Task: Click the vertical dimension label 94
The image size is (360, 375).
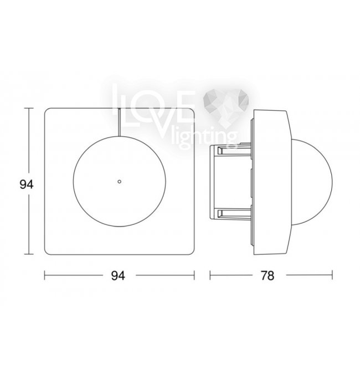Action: (27, 184)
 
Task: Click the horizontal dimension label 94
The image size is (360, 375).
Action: (118, 276)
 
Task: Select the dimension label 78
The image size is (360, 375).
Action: (268, 275)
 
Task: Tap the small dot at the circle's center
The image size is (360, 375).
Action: (120, 181)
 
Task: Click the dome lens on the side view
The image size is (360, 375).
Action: (312, 182)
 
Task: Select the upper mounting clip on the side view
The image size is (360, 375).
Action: (230, 150)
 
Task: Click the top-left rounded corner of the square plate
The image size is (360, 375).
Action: (47, 110)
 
